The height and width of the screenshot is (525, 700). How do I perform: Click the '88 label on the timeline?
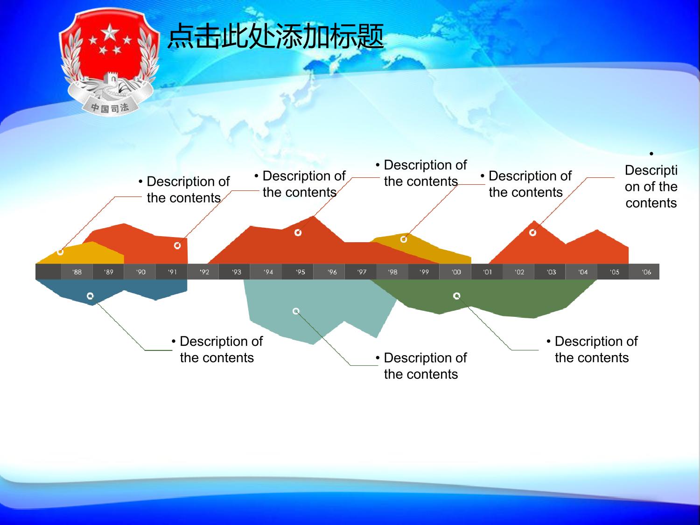tap(77, 272)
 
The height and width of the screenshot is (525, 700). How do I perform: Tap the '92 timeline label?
tap(204, 272)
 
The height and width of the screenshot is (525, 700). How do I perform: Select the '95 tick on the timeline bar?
tap(300, 272)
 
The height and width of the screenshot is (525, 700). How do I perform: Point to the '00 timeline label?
tap(456, 272)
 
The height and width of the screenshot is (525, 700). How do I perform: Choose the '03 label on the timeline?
tap(551, 272)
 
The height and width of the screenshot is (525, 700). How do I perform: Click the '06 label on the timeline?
tap(646, 272)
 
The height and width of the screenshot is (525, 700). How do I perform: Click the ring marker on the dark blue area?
tap(90, 296)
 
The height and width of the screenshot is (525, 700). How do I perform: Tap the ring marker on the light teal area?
tap(296, 311)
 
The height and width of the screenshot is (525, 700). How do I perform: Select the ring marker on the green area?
tap(457, 296)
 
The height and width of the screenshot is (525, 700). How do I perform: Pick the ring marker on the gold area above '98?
tap(403, 239)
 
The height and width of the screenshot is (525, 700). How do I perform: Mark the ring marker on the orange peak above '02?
tap(532, 233)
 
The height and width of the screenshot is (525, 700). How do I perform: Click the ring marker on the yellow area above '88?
tap(60, 252)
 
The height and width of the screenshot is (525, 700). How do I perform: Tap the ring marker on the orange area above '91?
tap(177, 245)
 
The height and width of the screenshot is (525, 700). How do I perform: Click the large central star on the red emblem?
tap(110, 33)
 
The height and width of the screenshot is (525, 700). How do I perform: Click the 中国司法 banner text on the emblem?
tap(110, 108)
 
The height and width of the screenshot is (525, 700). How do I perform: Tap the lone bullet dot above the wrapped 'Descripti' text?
tap(651, 154)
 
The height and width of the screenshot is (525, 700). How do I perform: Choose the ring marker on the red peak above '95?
tap(298, 233)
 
